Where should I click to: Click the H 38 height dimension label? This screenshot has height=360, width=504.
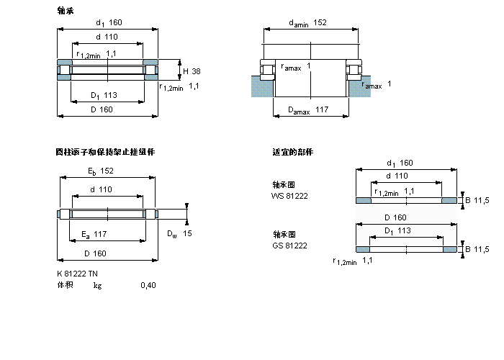pyautogui.click(x=191, y=71)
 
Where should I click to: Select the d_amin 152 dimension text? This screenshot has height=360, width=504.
pyautogui.click(x=307, y=23)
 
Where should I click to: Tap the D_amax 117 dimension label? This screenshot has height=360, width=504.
pyautogui.click(x=307, y=110)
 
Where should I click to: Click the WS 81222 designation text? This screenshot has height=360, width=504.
pyautogui.click(x=289, y=196)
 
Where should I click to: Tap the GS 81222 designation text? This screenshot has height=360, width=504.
pyautogui.click(x=289, y=246)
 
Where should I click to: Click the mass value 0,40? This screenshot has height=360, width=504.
pyautogui.click(x=148, y=286)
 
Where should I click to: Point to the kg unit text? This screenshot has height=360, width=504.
pyautogui.click(x=97, y=286)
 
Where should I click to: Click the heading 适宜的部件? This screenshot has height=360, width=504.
pyautogui.click(x=292, y=152)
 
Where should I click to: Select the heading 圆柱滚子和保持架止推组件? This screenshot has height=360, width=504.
pyautogui.click(x=105, y=152)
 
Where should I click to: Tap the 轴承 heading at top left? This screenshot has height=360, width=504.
pyautogui.click(x=65, y=11)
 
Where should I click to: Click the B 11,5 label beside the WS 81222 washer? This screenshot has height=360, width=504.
pyautogui.click(x=477, y=200)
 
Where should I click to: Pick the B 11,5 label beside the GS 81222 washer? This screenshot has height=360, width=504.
pyautogui.click(x=477, y=249)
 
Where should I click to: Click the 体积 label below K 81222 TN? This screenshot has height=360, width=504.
pyautogui.click(x=65, y=286)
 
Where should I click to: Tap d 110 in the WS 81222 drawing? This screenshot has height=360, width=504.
pyautogui.click(x=398, y=176)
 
